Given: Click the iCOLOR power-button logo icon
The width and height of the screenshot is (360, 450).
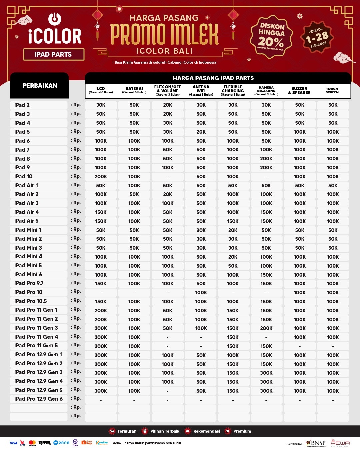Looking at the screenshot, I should (x=55, y=19).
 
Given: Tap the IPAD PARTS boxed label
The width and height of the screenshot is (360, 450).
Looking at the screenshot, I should (x=53, y=54).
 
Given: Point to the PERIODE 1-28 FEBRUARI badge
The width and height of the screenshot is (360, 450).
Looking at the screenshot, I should (x=317, y=37).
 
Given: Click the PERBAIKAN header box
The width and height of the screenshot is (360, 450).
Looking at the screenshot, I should (x=40, y=86).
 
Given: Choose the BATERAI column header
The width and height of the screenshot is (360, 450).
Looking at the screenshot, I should (x=134, y=90).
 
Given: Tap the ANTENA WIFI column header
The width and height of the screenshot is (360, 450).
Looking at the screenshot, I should (x=201, y=90).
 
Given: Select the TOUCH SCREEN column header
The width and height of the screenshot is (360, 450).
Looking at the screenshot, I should (x=332, y=90).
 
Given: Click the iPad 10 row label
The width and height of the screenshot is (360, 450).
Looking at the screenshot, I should (x=24, y=176).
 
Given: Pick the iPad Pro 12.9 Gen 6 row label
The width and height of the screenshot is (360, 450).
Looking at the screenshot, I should (x=38, y=399).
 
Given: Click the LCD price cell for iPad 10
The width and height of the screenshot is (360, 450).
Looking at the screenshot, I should (x=101, y=177).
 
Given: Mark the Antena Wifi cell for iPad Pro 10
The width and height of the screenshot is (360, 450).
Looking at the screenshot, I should (x=201, y=293).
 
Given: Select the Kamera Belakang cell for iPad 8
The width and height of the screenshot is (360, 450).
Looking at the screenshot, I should (x=266, y=159).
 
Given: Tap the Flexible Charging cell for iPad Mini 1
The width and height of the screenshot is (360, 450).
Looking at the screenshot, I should (x=233, y=230).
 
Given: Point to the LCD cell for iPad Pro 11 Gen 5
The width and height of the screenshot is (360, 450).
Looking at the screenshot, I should (x=101, y=346).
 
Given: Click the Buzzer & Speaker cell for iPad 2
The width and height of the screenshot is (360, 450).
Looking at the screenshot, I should (x=299, y=105).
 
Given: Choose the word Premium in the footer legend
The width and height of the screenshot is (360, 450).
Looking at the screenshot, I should (x=242, y=431).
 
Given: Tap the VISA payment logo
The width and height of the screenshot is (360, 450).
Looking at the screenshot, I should (x=13, y=443).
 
